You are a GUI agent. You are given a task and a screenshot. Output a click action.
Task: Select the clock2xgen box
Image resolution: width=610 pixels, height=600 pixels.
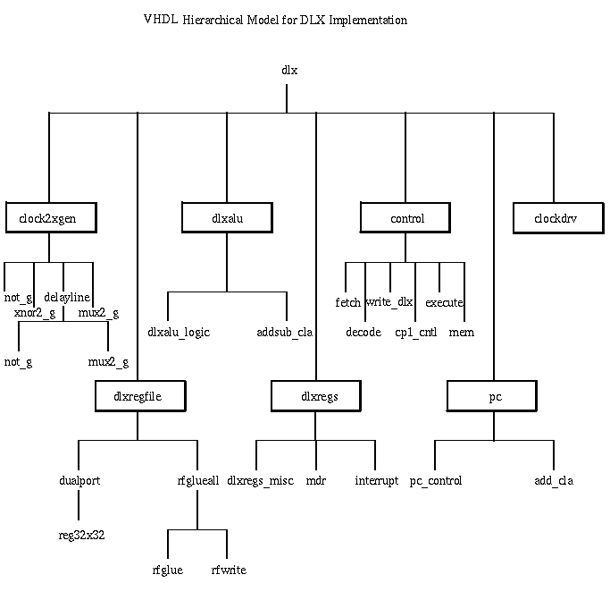tap(49, 217)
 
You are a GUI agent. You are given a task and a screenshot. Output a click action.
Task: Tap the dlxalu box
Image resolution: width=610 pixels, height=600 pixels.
tap(227, 217)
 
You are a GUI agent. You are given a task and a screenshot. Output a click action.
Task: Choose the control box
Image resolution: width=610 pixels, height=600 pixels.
tap(406, 217)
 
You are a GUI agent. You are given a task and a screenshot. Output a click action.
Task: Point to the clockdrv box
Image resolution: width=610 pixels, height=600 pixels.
tap(553, 217)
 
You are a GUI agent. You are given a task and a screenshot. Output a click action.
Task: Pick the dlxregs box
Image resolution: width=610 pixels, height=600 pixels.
tap(316, 395)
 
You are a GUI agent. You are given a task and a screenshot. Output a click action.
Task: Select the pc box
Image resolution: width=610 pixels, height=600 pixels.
tap(495, 395)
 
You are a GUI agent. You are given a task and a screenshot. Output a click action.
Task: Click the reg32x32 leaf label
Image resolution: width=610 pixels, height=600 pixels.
tap(79, 535)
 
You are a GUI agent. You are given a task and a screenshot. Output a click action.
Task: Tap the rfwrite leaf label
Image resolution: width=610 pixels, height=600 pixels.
tap(228, 570)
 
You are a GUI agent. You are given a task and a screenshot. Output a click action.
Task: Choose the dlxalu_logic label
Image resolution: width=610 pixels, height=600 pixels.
tap(179, 333)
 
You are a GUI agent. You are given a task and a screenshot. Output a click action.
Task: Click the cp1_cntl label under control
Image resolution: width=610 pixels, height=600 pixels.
tap(414, 333)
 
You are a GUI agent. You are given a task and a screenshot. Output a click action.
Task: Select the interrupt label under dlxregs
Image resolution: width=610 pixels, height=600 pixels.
tap(376, 481)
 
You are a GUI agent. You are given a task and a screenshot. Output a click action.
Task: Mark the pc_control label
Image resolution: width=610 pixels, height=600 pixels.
tap(436, 481)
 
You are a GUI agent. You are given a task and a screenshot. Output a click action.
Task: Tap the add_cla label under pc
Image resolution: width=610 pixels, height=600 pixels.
tap(554, 481)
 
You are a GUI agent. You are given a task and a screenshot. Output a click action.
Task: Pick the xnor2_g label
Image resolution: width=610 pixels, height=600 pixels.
tap(35, 313)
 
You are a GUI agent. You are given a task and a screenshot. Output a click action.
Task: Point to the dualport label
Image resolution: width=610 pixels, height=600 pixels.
tap(79, 481)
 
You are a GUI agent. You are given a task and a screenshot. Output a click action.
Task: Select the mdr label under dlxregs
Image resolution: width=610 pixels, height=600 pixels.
tap(316, 481)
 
